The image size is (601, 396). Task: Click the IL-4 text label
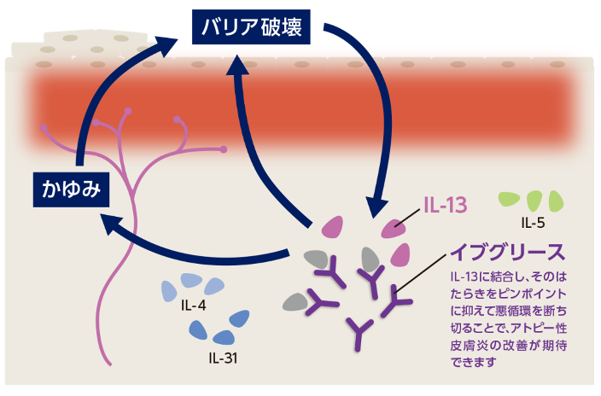[x=193, y=305]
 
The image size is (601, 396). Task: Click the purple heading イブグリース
[x=508, y=253]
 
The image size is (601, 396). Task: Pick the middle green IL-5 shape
[x=535, y=201]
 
